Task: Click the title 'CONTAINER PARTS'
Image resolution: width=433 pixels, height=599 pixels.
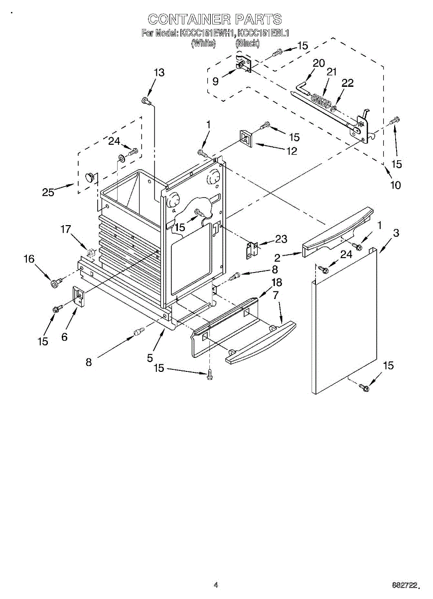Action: click(x=215, y=19)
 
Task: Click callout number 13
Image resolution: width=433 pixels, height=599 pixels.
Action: click(x=158, y=73)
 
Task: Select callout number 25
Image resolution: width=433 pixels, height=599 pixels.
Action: click(x=48, y=192)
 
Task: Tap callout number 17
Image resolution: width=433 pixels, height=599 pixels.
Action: click(x=66, y=230)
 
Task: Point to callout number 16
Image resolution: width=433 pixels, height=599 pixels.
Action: click(x=29, y=259)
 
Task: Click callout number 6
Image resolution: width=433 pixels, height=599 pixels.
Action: click(x=64, y=336)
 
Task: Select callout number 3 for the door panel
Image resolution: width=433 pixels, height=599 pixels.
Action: click(x=396, y=233)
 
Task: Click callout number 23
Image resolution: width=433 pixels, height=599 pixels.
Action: click(x=281, y=240)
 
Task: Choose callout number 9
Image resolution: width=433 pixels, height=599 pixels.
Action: click(x=215, y=81)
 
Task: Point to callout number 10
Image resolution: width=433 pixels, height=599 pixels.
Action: click(x=395, y=185)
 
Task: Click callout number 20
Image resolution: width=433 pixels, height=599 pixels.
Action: click(x=318, y=63)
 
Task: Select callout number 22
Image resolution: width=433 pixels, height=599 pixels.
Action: click(x=347, y=83)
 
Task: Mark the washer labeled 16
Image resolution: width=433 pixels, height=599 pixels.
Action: click(x=55, y=284)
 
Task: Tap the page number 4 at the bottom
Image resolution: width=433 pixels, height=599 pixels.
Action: click(x=216, y=585)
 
